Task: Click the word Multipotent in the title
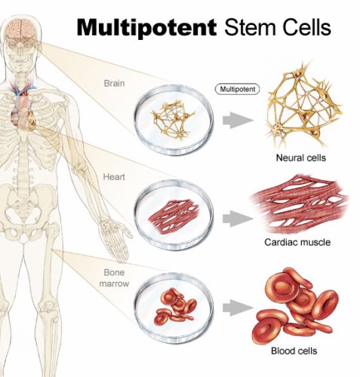tap(148, 28)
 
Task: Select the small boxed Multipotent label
tap(237, 89)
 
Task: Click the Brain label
tap(114, 83)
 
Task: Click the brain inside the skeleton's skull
tap(20, 26)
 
